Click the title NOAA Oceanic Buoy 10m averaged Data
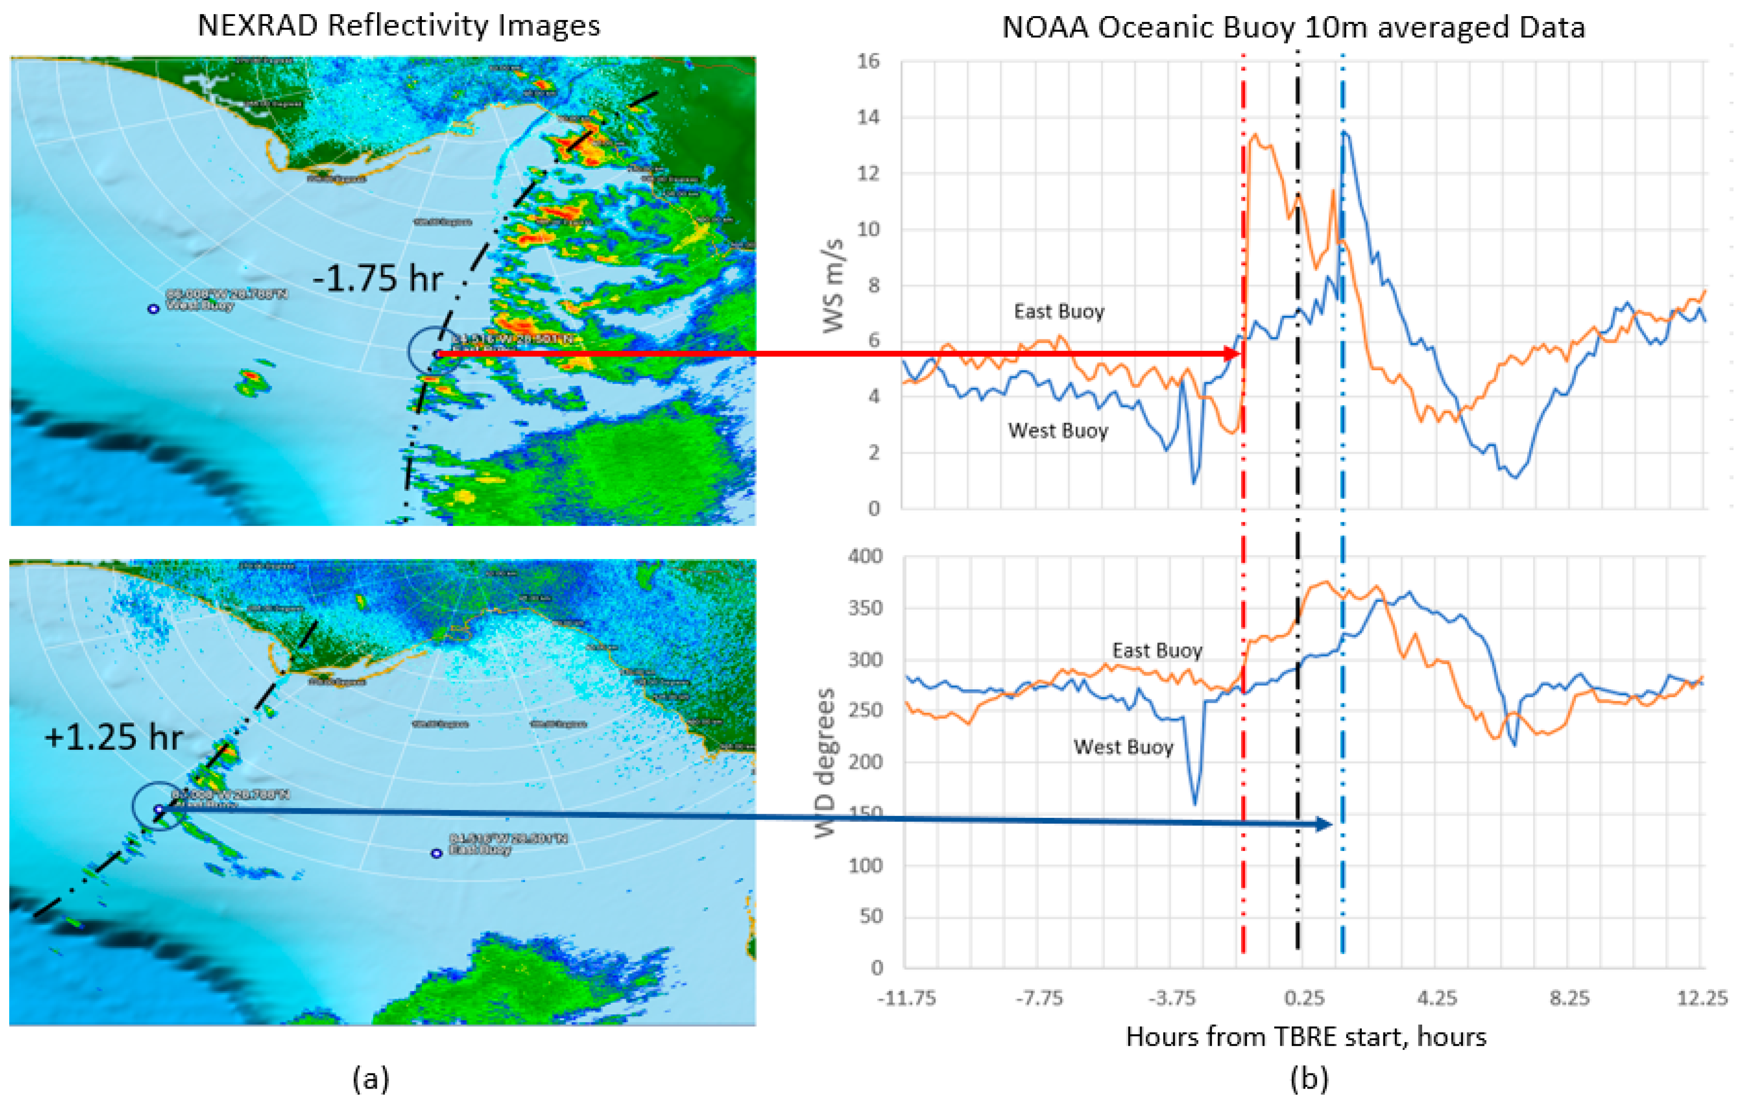click(x=1294, y=28)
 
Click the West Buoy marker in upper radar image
click(x=153, y=309)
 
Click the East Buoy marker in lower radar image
click(x=436, y=853)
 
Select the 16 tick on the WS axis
click(x=868, y=61)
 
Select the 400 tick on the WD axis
click(x=865, y=556)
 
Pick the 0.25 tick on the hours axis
click(x=1305, y=998)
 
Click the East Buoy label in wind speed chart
click(x=1059, y=312)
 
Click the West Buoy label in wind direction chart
click(x=1123, y=747)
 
